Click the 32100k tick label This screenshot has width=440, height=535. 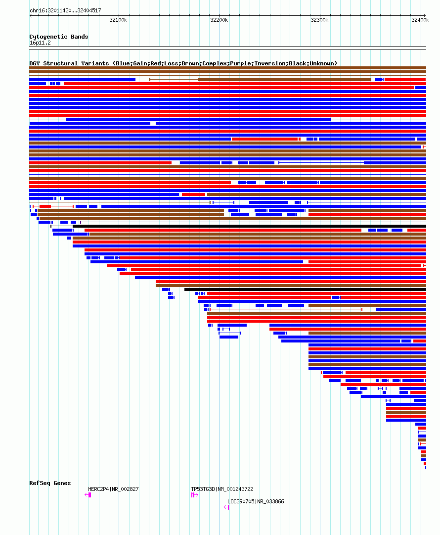click(x=118, y=20)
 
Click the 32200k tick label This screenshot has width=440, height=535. click(x=219, y=20)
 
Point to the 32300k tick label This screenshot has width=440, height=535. click(x=319, y=20)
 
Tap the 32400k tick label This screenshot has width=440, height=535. click(x=420, y=20)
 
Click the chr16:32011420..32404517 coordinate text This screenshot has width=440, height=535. click(x=65, y=10)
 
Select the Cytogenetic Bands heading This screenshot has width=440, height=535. click(x=58, y=37)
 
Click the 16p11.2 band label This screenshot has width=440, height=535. click(x=40, y=43)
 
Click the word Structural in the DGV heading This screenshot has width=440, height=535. click(x=60, y=63)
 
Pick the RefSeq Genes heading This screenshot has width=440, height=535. click(x=50, y=483)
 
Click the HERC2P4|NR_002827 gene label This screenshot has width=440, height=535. click(x=113, y=489)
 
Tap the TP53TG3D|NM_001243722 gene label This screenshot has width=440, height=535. click(x=222, y=489)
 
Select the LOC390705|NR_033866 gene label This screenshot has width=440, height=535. click(x=256, y=501)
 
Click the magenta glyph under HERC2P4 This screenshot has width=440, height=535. click(x=88, y=495)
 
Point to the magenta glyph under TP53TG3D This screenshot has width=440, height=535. click(x=194, y=495)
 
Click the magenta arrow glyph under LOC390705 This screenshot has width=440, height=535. click(x=226, y=507)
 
